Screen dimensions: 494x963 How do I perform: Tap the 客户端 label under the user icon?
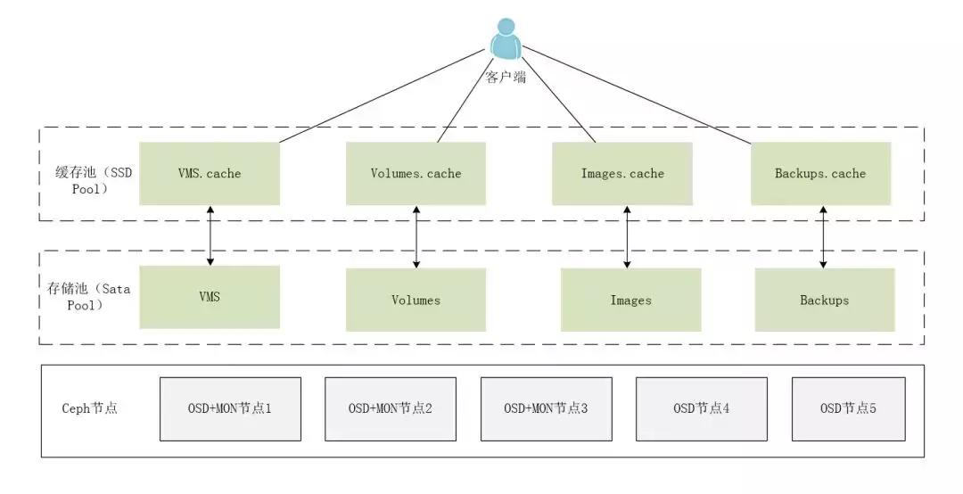[506, 78]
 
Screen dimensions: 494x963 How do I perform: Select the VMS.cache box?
[210, 173]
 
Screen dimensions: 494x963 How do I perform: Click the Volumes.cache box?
[416, 173]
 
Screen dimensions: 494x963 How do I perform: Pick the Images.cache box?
[621, 173]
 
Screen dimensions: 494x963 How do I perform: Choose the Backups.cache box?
[820, 173]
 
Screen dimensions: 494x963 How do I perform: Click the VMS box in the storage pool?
[210, 297]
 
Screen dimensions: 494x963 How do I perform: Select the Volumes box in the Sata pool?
[416, 300]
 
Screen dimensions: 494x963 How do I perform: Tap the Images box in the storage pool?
[630, 300]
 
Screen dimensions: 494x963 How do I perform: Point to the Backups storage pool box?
[824, 300]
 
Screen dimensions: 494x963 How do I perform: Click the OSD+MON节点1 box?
[230, 408]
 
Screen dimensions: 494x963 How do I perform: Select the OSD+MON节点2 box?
[390, 408]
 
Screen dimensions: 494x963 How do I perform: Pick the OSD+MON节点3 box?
[546, 408]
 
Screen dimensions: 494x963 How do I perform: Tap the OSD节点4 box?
[701, 408]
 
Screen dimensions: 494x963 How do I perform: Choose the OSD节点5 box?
[848, 408]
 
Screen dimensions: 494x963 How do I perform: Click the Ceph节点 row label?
[89, 408]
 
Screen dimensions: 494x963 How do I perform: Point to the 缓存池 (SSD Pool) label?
[89, 181]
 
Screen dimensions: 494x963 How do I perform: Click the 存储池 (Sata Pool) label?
[89, 297]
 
